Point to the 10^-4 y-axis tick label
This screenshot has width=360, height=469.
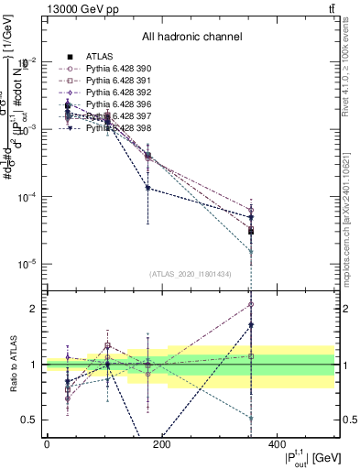coord(27,197)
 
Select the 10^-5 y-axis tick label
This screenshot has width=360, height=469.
coord(27,264)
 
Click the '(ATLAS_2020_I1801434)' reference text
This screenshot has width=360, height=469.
coord(191,274)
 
